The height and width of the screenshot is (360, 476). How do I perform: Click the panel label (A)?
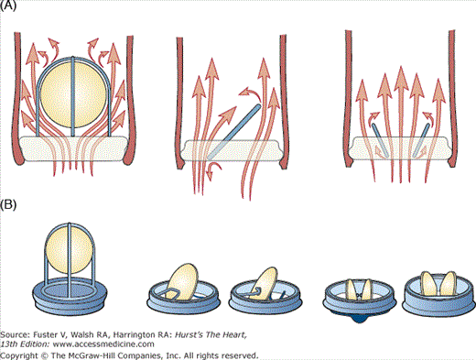8,5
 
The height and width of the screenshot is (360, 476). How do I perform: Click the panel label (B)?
8,204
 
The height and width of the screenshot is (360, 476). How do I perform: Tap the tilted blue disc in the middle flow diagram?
234,132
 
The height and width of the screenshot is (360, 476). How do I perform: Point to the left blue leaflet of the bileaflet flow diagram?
380,140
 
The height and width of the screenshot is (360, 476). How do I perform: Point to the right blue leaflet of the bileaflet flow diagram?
421,140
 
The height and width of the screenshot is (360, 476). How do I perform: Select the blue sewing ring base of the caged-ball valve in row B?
70,296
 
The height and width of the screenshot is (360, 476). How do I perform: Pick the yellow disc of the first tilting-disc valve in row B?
182,281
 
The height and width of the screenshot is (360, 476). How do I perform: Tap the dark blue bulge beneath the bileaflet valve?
360,319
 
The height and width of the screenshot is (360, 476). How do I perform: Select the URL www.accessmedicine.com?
103,344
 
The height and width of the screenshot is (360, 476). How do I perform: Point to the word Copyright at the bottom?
19,355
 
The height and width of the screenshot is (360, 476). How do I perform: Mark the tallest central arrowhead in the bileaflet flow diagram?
401,78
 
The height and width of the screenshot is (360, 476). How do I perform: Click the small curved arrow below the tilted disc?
213,170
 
